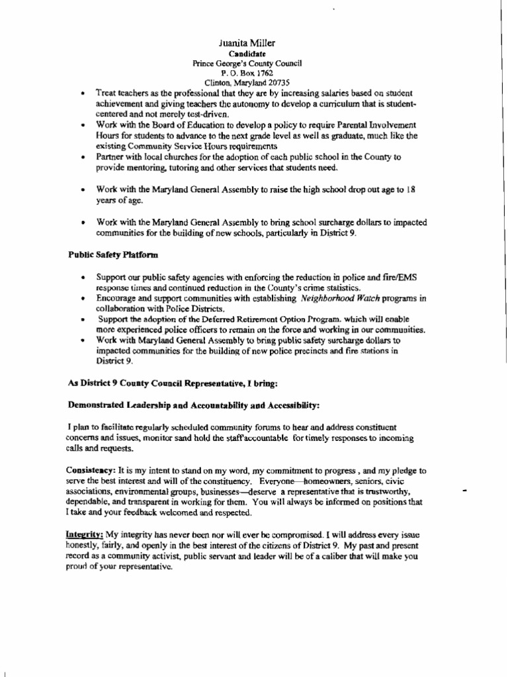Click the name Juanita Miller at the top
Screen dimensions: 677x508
point(247,43)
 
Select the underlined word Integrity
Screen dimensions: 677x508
point(85,534)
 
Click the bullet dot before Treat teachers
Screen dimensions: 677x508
point(81,94)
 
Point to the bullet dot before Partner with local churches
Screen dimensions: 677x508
point(81,157)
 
